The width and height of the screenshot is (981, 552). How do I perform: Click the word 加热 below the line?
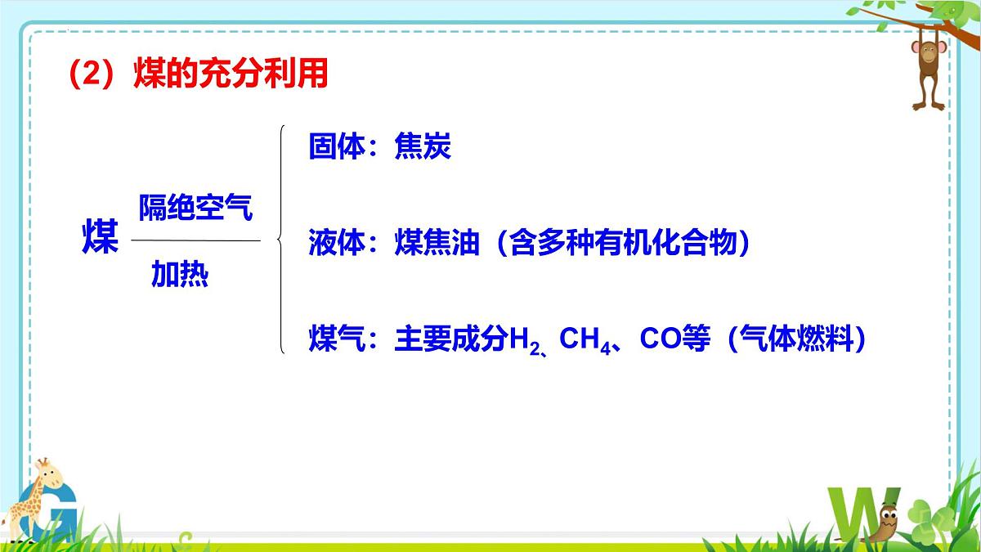180,276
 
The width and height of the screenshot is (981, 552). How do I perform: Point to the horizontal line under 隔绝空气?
195,240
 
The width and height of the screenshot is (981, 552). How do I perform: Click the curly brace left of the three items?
280,240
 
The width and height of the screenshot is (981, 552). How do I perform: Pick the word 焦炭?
423,147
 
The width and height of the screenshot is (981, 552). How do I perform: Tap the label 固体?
336,147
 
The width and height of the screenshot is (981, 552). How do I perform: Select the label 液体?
336,243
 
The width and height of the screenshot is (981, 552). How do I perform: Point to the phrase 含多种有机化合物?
622,243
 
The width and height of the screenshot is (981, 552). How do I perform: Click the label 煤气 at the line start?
336,338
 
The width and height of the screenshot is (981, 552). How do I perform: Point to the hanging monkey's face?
929,55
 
